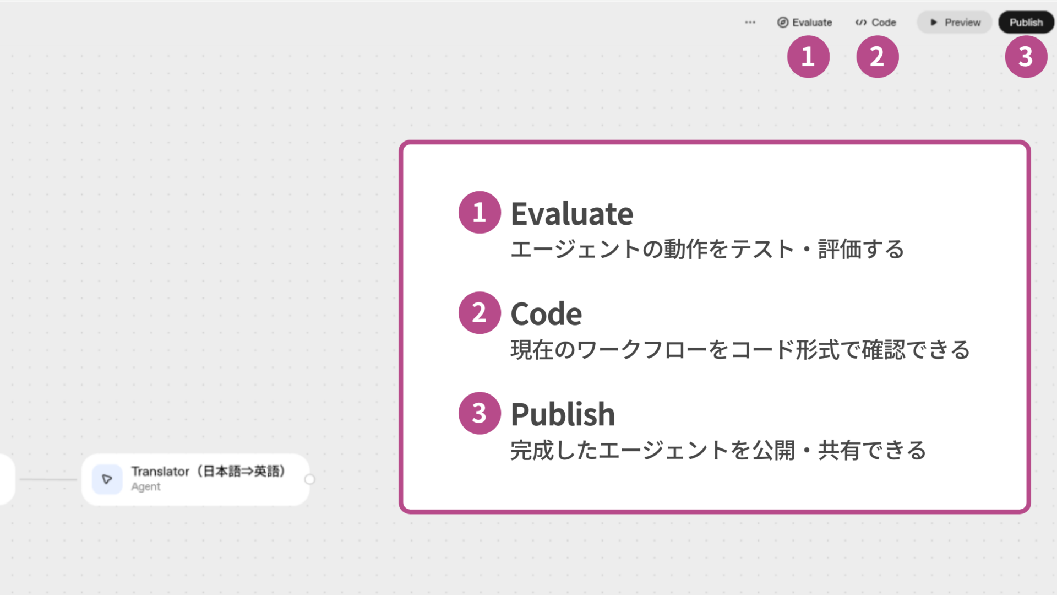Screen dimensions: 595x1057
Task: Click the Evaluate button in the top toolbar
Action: (x=805, y=23)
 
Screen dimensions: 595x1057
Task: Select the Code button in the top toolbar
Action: (x=876, y=23)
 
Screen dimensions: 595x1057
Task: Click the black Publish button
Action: (x=1026, y=23)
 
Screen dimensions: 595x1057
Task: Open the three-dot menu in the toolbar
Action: (x=750, y=23)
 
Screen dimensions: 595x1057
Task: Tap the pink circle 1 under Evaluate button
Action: (x=808, y=57)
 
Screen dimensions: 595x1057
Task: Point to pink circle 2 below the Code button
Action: (x=877, y=57)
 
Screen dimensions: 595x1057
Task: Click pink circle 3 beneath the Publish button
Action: (x=1026, y=57)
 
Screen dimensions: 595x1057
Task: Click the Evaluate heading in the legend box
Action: (x=572, y=214)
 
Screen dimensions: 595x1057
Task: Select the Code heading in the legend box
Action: (x=546, y=314)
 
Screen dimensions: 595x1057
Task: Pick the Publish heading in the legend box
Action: (x=563, y=414)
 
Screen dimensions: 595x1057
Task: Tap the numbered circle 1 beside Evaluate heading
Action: (x=480, y=213)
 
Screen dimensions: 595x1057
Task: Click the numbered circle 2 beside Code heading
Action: (x=480, y=313)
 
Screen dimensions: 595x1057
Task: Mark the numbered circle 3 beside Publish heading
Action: (x=480, y=413)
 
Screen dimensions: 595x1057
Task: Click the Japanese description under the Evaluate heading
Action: (x=707, y=250)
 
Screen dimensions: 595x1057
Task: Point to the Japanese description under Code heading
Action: (x=740, y=350)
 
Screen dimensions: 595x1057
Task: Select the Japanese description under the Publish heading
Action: (x=718, y=451)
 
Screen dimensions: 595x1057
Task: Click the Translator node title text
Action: (x=208, y=472)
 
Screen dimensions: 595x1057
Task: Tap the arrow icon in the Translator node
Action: (x=107, y=479)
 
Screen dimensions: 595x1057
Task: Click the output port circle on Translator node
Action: (x=310, y=479)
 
